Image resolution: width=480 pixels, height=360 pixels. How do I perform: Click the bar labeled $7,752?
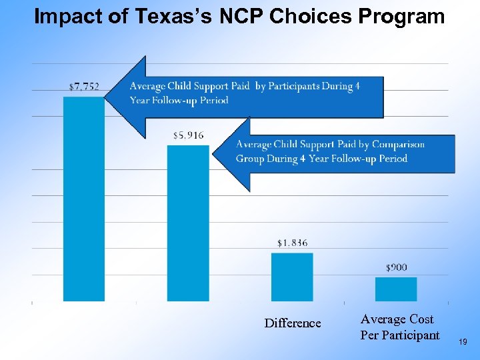coord(84,200)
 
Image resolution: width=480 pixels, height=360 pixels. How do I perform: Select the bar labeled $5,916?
coord(188,223)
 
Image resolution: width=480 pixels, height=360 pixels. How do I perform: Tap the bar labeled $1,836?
coord(292,277)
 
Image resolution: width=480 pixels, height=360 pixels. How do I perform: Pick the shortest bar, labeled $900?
coord(396,289)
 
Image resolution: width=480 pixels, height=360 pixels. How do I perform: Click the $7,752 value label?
coord(84,86)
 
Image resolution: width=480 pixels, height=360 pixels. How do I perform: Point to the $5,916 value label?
coord(188,135)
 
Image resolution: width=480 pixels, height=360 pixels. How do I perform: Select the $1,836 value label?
coord(292,243)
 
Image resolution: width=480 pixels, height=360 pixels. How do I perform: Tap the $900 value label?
coord(396,267)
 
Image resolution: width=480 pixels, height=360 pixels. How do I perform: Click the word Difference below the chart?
coord(292,323)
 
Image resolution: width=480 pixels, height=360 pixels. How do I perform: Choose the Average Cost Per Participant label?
coord(400,327)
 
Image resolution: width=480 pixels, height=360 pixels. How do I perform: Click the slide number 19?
coord(464,342)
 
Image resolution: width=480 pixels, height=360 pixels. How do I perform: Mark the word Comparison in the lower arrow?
coord(398,145)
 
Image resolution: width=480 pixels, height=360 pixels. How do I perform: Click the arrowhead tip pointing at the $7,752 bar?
coord(106,97)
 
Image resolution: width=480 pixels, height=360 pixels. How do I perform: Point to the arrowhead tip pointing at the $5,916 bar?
coord(213,155)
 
